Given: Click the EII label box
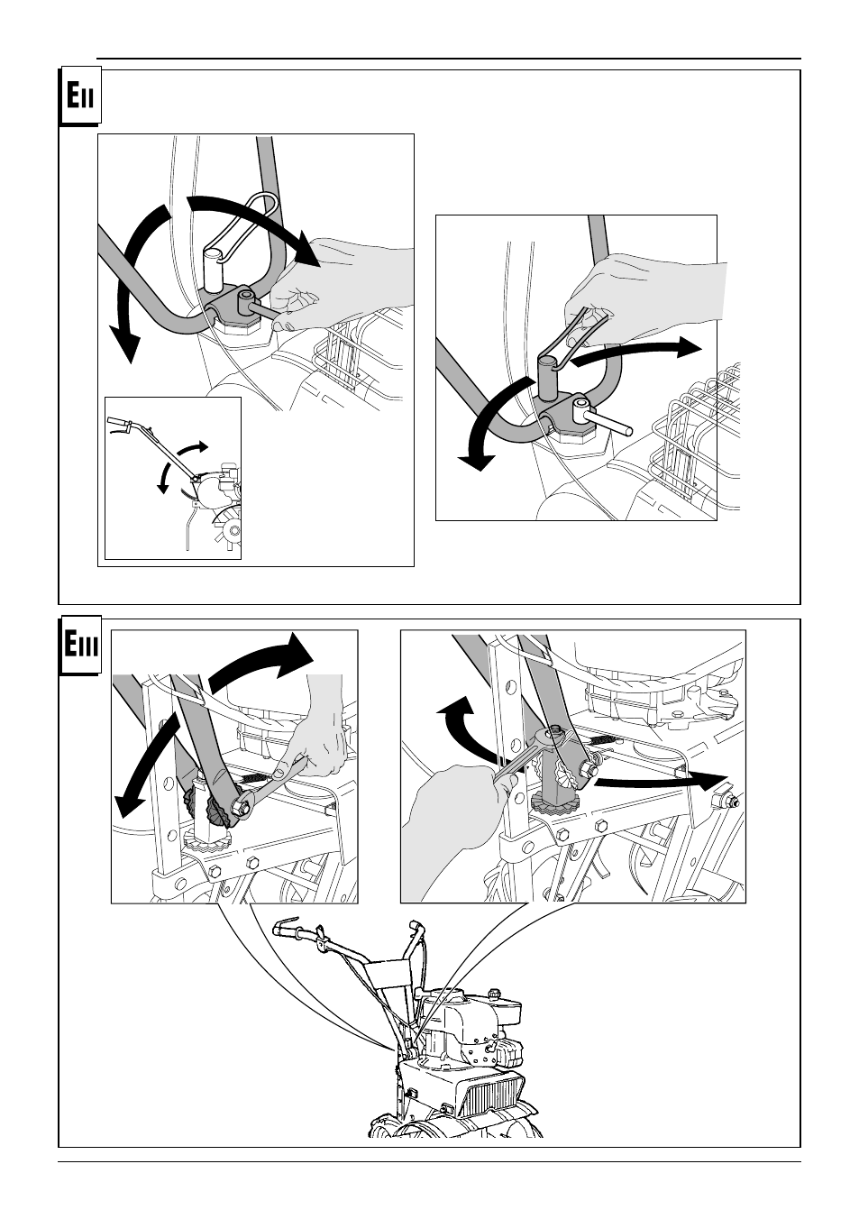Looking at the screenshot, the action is tap(80, 96).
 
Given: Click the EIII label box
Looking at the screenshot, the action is tap(80, 646).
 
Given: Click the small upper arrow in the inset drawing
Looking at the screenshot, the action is tap(193, 450).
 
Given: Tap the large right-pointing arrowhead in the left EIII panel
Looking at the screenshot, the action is tap(297, 655).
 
